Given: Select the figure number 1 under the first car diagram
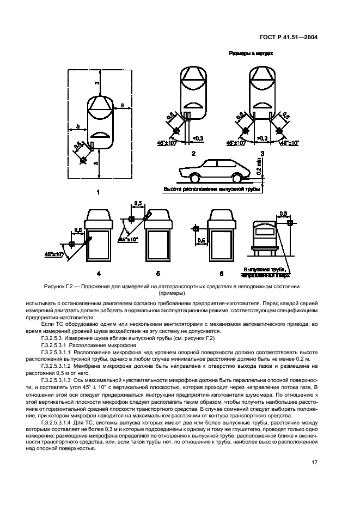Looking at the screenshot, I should point(97,192).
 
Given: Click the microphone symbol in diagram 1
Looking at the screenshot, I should point(83,160).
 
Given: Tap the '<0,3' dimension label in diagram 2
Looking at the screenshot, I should point(198,139).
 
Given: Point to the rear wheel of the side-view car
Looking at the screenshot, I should point(237,178).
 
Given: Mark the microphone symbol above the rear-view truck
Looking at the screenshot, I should point(290,222).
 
